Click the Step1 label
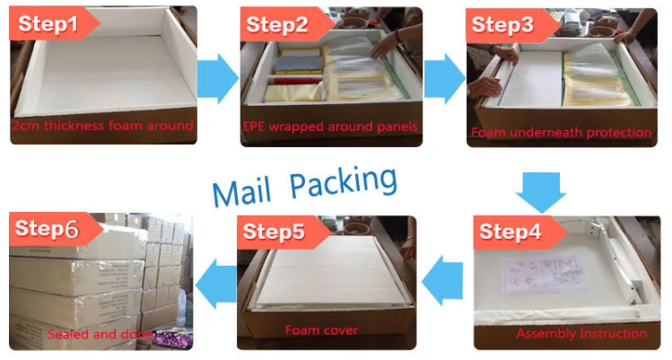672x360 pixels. tap(48, 23)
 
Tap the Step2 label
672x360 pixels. tap(277, 24)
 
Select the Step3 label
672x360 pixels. tap(502, 24)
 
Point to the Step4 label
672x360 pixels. tap(510, 232)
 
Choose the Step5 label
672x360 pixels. tap(274, 232)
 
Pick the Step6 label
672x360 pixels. tap(47, 229)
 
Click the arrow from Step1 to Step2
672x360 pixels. tap(218, 78)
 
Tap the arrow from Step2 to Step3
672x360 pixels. tap(444, 78)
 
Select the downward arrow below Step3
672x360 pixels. tap(541, 192)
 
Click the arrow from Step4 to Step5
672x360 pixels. tap(441, 280)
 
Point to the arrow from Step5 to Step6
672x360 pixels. tap(215, 284)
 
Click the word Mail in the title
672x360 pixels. tap(241, 192)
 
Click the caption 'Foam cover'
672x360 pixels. tap(321, 330)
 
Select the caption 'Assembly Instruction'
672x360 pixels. tap(581, 333)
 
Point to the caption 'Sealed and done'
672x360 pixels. tap(99, 334)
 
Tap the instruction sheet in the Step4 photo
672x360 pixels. tap(545, 276)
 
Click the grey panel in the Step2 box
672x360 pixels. tap(299, 65)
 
